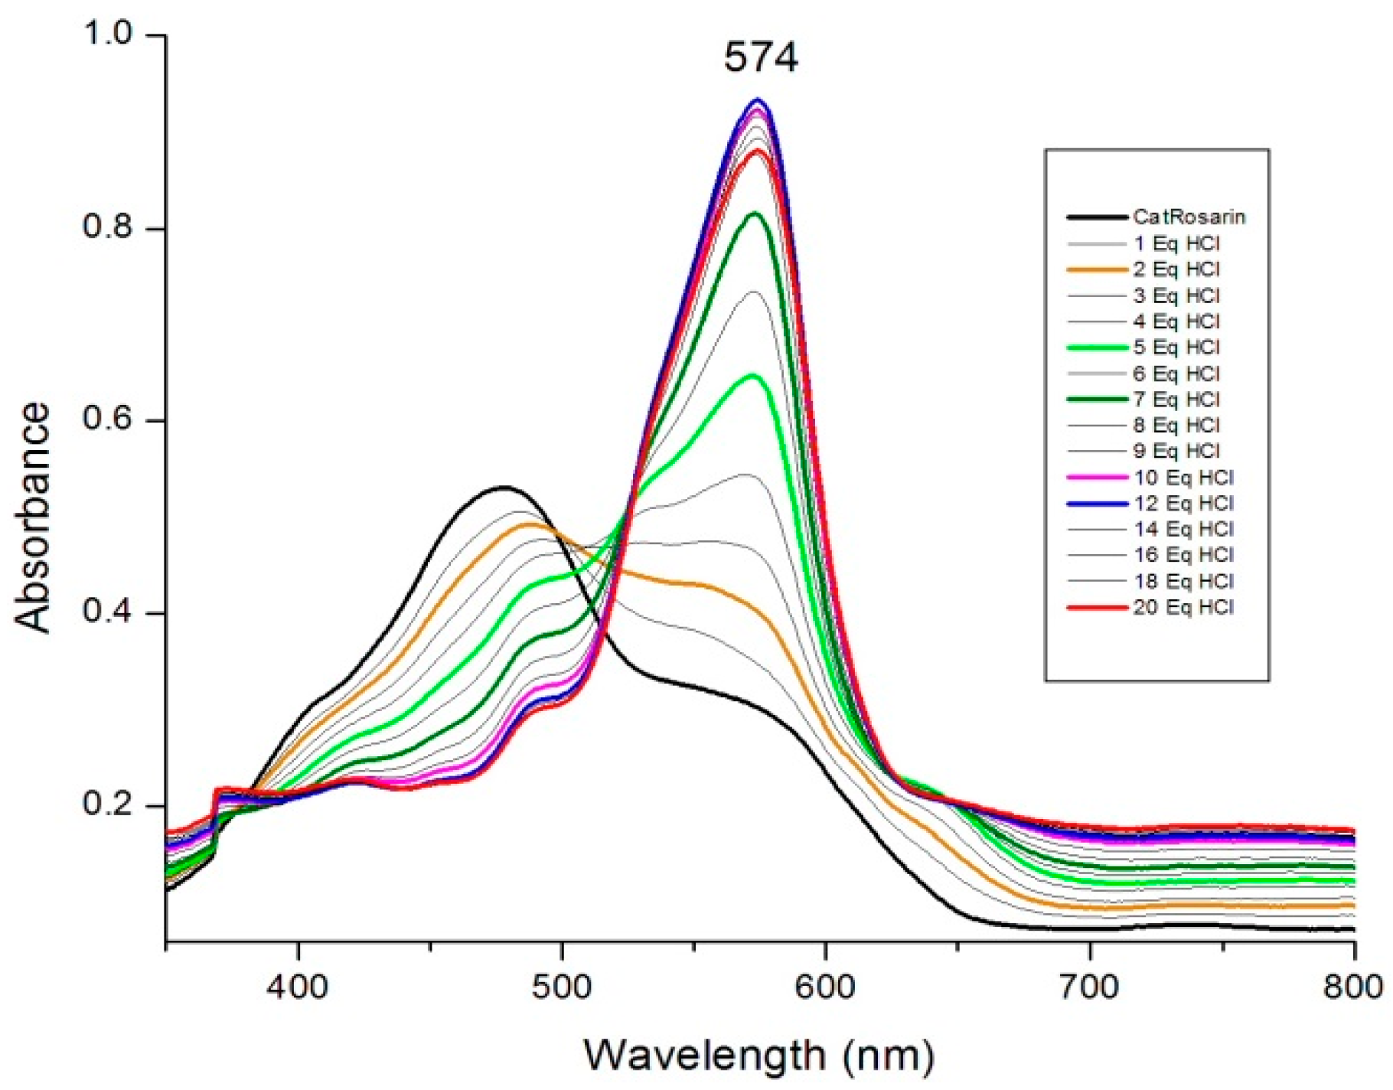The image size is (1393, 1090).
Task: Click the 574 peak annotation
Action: click(761, 57)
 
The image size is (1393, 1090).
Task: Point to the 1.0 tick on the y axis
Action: click(110, 34)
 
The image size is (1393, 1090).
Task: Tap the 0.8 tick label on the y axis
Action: click(110, 228)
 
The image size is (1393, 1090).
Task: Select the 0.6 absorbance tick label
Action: click(110, 420)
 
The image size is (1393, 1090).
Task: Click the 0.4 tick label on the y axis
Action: click(110, 613)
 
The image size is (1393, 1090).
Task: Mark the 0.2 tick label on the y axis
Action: click(110, 806)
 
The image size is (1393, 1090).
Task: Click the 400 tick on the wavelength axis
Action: click(298, 987)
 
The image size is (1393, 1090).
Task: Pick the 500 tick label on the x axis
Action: click(563, 987)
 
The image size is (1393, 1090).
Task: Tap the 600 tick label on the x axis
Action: click(826, 987)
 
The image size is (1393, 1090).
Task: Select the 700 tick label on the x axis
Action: click(1090, 987)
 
